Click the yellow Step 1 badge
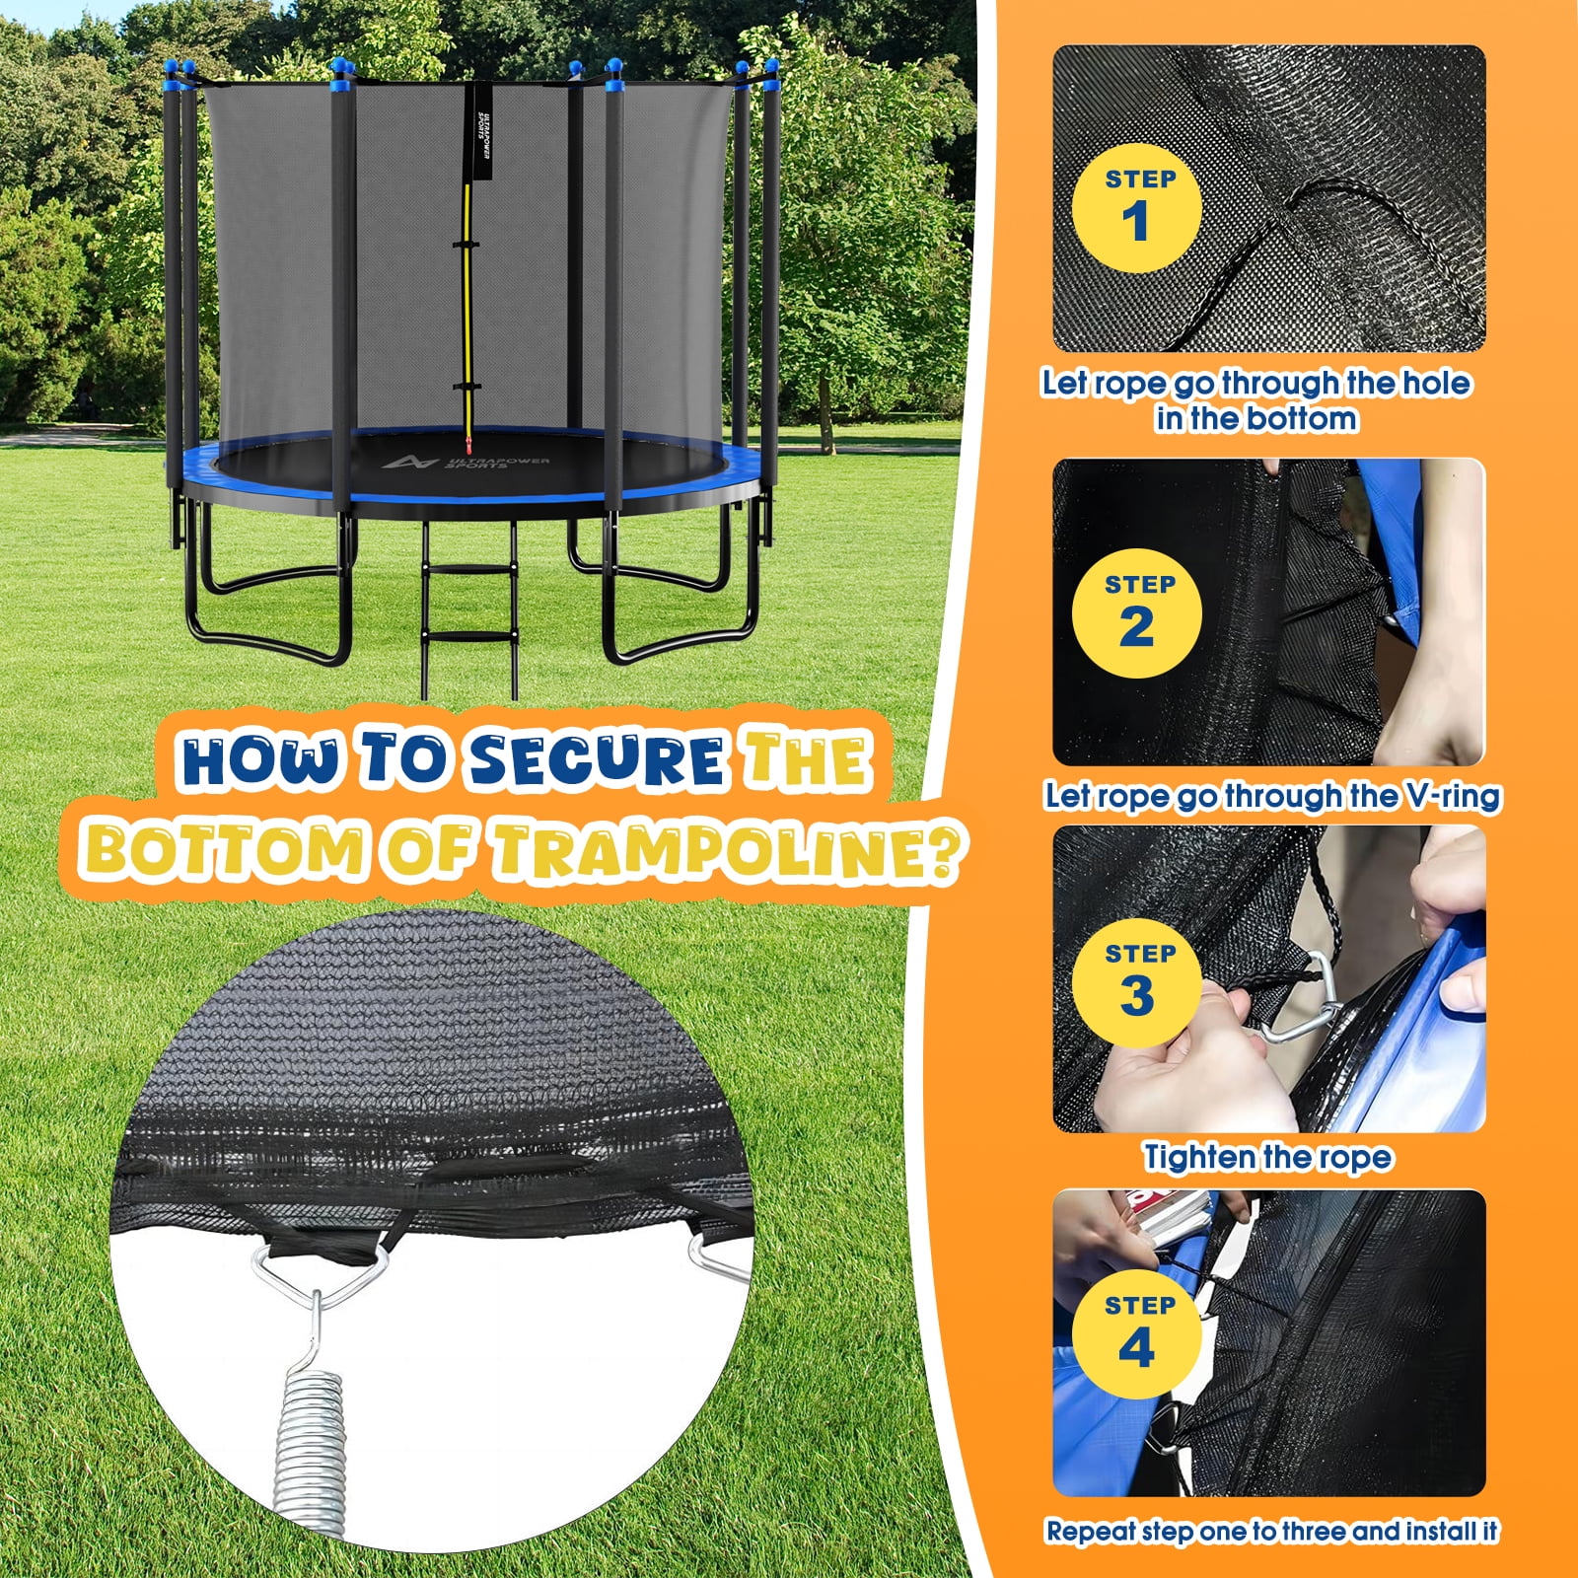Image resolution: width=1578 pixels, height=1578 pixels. tap(1137, 208)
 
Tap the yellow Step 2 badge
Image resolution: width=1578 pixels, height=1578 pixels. tap(1137, 612)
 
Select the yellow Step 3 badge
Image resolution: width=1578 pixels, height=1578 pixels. tap(1137, 982)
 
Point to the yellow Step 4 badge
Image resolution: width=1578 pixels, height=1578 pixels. tap(1137, 1333)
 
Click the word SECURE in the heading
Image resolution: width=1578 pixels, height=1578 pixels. tap(598, 759)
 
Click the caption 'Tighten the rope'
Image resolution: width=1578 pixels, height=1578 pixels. tap(1268, 1157)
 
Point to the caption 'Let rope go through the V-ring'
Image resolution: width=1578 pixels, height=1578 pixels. tap(1272, 796)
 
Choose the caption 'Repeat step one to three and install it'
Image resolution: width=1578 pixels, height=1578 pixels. tap(1272, 1531)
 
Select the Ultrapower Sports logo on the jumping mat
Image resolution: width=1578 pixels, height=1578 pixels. tap(466, 462)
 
